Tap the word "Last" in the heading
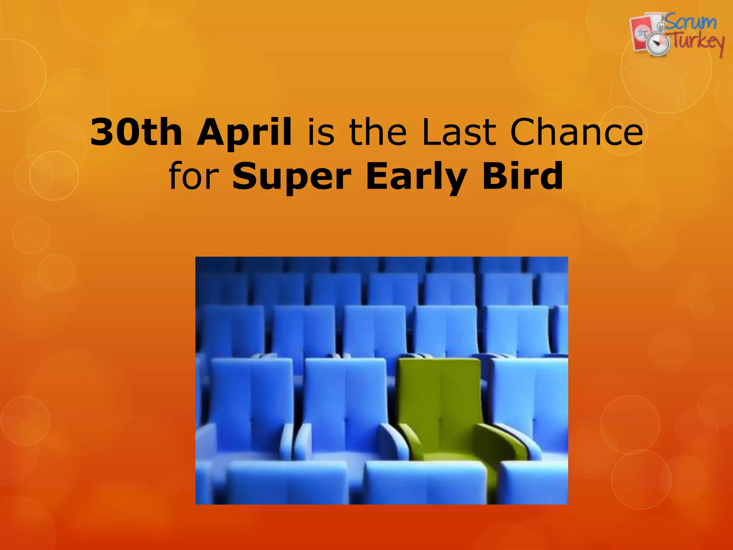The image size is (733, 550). click(x=459, y=132)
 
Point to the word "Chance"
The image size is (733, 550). click(x=576, y=132)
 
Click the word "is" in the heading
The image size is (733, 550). click(x=321, y=132)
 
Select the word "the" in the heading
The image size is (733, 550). click(x=378, y=132)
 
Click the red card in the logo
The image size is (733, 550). click(x=641, y=34)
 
